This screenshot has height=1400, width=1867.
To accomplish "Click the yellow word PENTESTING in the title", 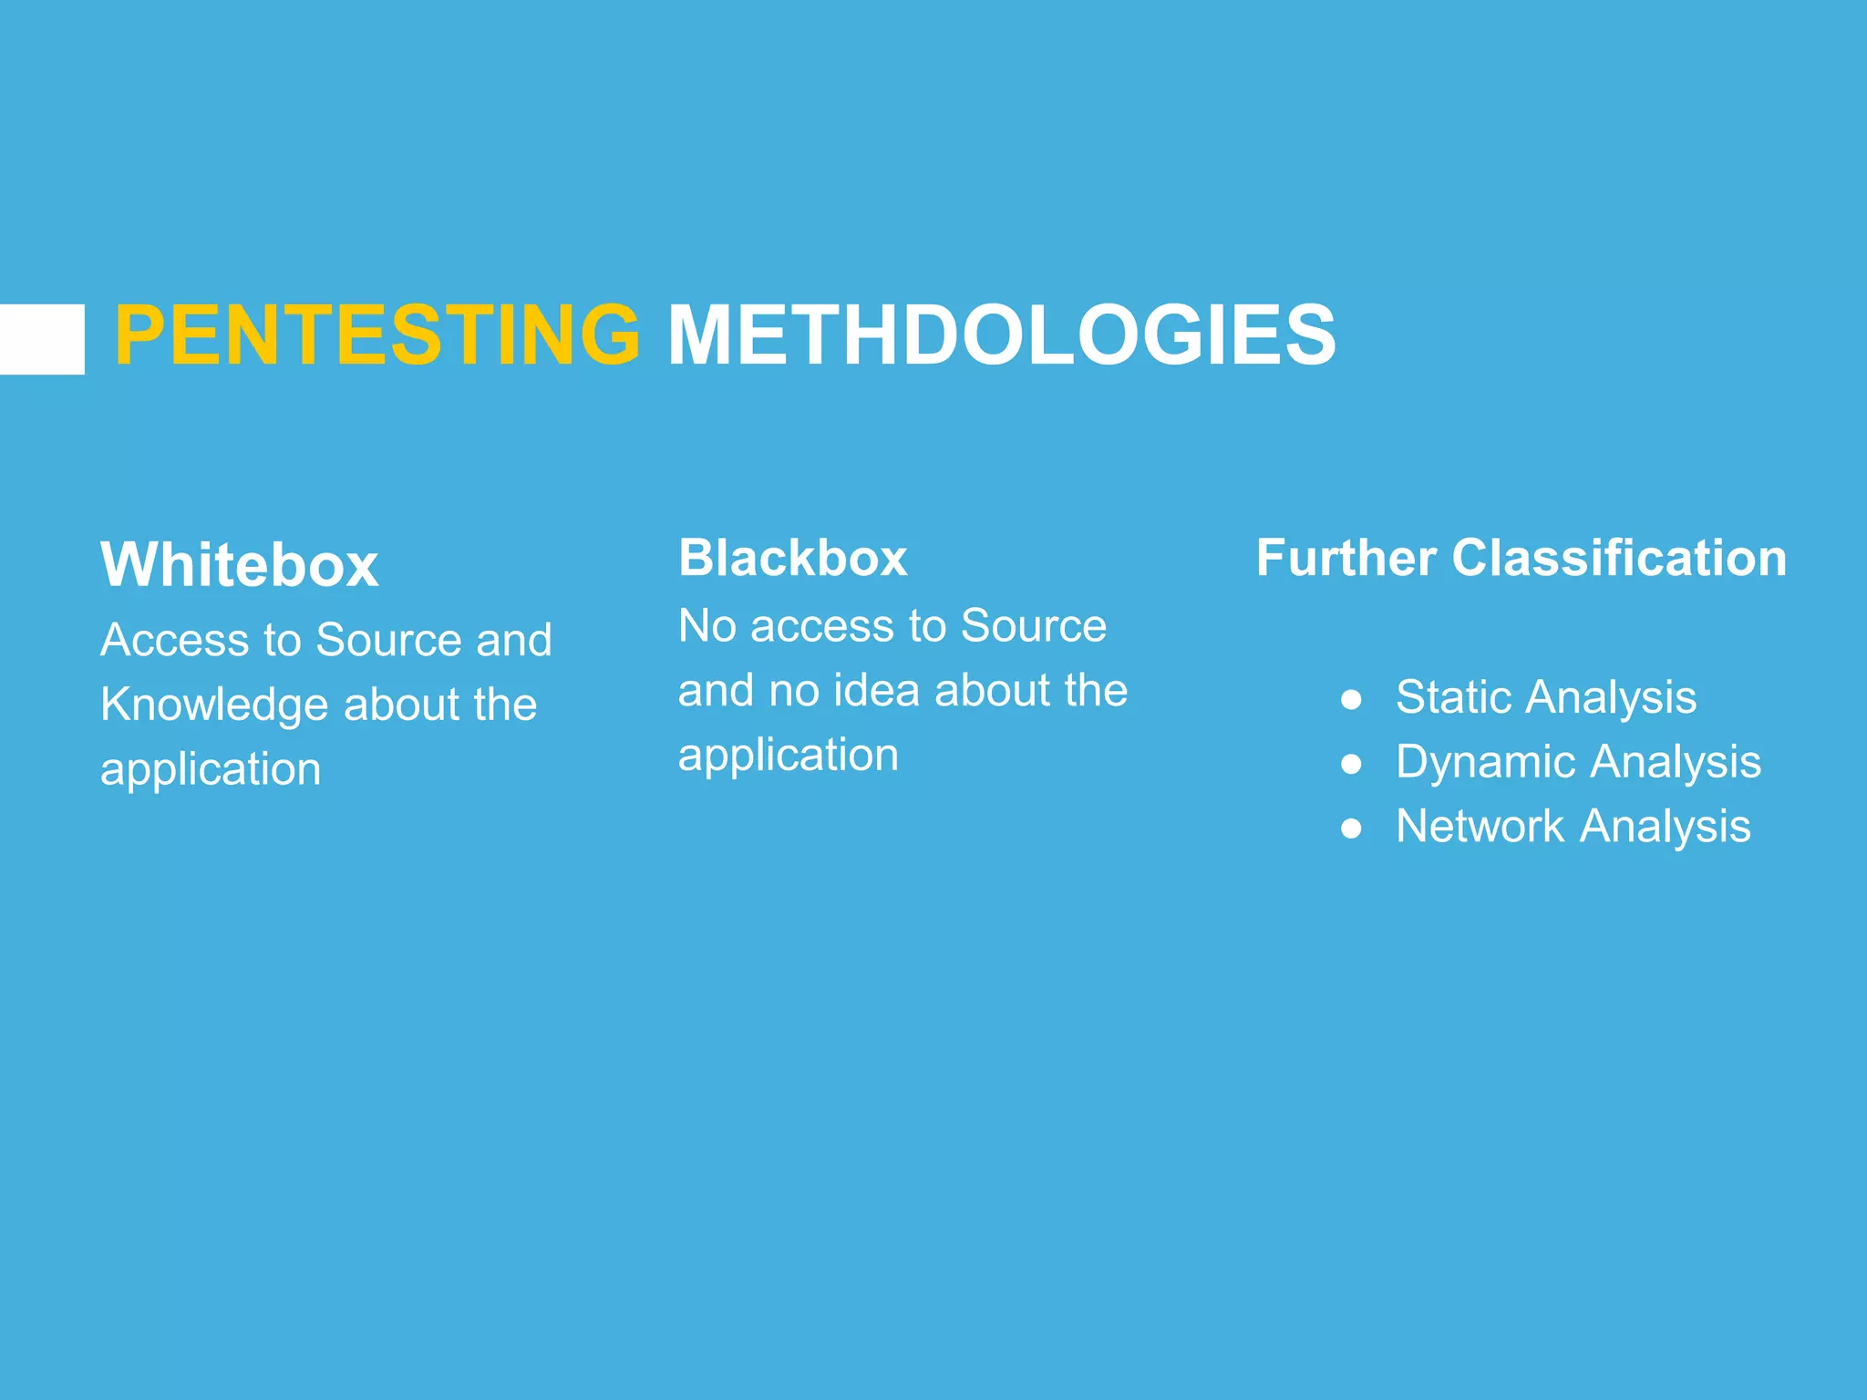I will [377, 335].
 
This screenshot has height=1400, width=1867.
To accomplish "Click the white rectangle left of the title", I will [41, 339].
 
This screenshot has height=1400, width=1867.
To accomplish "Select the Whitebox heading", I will [239, 565].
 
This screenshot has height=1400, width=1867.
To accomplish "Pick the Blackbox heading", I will [792, 558].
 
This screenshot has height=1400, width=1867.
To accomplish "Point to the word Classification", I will [1619, 558].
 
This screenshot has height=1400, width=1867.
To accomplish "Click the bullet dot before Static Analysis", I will [1351, 699].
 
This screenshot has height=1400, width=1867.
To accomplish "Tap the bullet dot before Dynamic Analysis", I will [1351, 764].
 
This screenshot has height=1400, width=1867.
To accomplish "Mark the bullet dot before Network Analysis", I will [1351, 829].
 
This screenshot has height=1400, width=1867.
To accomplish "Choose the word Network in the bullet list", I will [1480, 827].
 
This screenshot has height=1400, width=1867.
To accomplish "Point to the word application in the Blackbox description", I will [789, 756].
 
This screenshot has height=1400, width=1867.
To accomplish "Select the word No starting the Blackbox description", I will [707, 626].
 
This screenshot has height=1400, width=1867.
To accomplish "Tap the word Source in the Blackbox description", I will [1033, 626].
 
